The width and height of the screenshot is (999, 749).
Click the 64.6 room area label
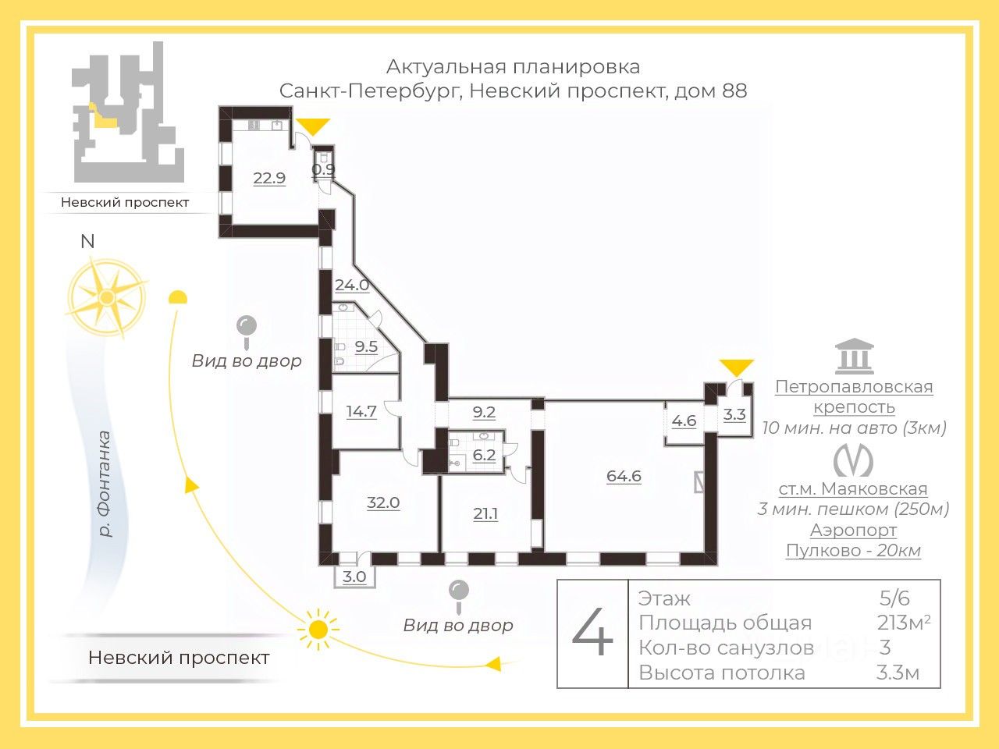tap(624, 476)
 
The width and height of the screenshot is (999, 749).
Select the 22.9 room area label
tap(269, 178)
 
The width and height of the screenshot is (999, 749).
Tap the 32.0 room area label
tap(383, 502)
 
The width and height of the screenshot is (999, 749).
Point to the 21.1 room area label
tap(485, 513)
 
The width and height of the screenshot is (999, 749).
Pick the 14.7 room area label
tap(361, 411)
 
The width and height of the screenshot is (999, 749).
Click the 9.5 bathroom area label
tap(366, 346)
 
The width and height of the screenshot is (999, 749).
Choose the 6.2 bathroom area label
tap(484, 455)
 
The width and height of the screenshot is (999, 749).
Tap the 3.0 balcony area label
tap(354, 577)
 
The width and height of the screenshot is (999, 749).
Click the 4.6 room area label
tap(684, 421)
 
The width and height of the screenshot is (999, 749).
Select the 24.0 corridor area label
tap(351, 286)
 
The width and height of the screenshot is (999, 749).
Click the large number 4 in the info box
tap(592, 634)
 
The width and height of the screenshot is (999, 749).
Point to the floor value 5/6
tap(894, 598)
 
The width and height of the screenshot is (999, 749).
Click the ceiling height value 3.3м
tap(898, 673)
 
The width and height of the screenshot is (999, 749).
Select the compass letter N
tap(87, 241)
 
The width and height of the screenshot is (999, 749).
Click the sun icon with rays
tap(318, 629)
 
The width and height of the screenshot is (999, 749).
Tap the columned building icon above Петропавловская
tap(854, 357)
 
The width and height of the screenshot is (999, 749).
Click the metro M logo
tap(853, 460)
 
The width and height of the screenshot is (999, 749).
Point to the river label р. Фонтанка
tap(102, 484)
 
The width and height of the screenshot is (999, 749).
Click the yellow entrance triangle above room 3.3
tap(736, 367)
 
